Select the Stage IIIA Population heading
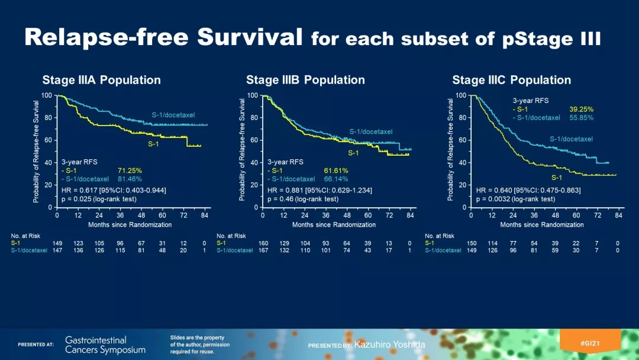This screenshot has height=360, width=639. (101, 80)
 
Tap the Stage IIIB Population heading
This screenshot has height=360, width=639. (305, 80)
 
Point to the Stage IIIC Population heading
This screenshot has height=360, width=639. (511, 80)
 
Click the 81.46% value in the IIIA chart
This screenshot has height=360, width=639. (130, 179)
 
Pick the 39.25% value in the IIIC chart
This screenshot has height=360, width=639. (581, 109)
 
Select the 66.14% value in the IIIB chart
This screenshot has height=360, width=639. (335, 179)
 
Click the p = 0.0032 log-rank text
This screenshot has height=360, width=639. (515, 199)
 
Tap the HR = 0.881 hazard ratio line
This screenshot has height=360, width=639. (321, 190)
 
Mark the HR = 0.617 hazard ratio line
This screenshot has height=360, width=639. (114, 190)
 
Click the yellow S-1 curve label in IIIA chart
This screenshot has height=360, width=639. (153, 144)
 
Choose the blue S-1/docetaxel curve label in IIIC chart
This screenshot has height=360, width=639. (571, 139)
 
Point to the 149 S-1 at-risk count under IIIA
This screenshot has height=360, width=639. (57, 243)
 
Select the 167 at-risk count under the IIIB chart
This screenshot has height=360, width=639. (263, 250)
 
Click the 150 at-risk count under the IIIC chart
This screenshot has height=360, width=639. (472, 243)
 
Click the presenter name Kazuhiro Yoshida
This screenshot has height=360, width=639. (389, 345)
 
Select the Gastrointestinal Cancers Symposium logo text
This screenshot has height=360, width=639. (105, 345)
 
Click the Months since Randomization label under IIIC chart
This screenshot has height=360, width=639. (542, 225)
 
